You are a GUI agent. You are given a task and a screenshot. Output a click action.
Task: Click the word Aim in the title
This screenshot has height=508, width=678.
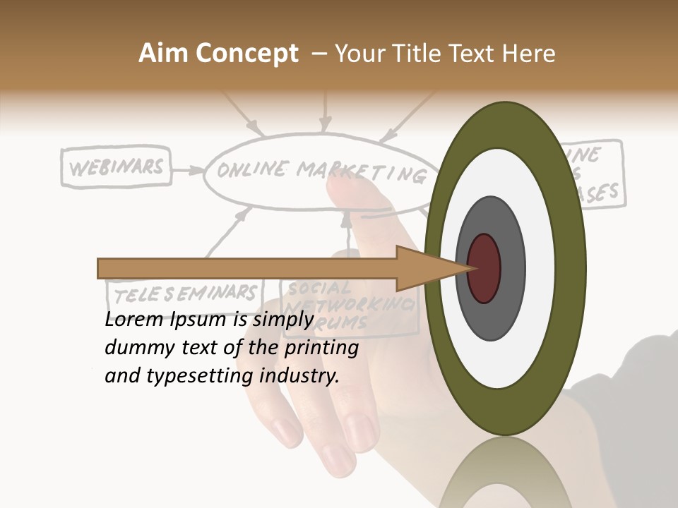[x=162, y=54]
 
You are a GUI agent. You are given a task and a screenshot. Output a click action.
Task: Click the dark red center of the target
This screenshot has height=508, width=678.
[x=484, y=268]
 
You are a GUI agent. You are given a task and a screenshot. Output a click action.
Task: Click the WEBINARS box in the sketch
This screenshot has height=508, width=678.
[x=117, y=168]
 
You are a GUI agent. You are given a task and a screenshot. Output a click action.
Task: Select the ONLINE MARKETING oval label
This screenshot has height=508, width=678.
[x=318, y=171]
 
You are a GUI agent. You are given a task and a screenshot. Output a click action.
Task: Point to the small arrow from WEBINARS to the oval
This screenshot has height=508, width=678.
[x=187, y=170]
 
